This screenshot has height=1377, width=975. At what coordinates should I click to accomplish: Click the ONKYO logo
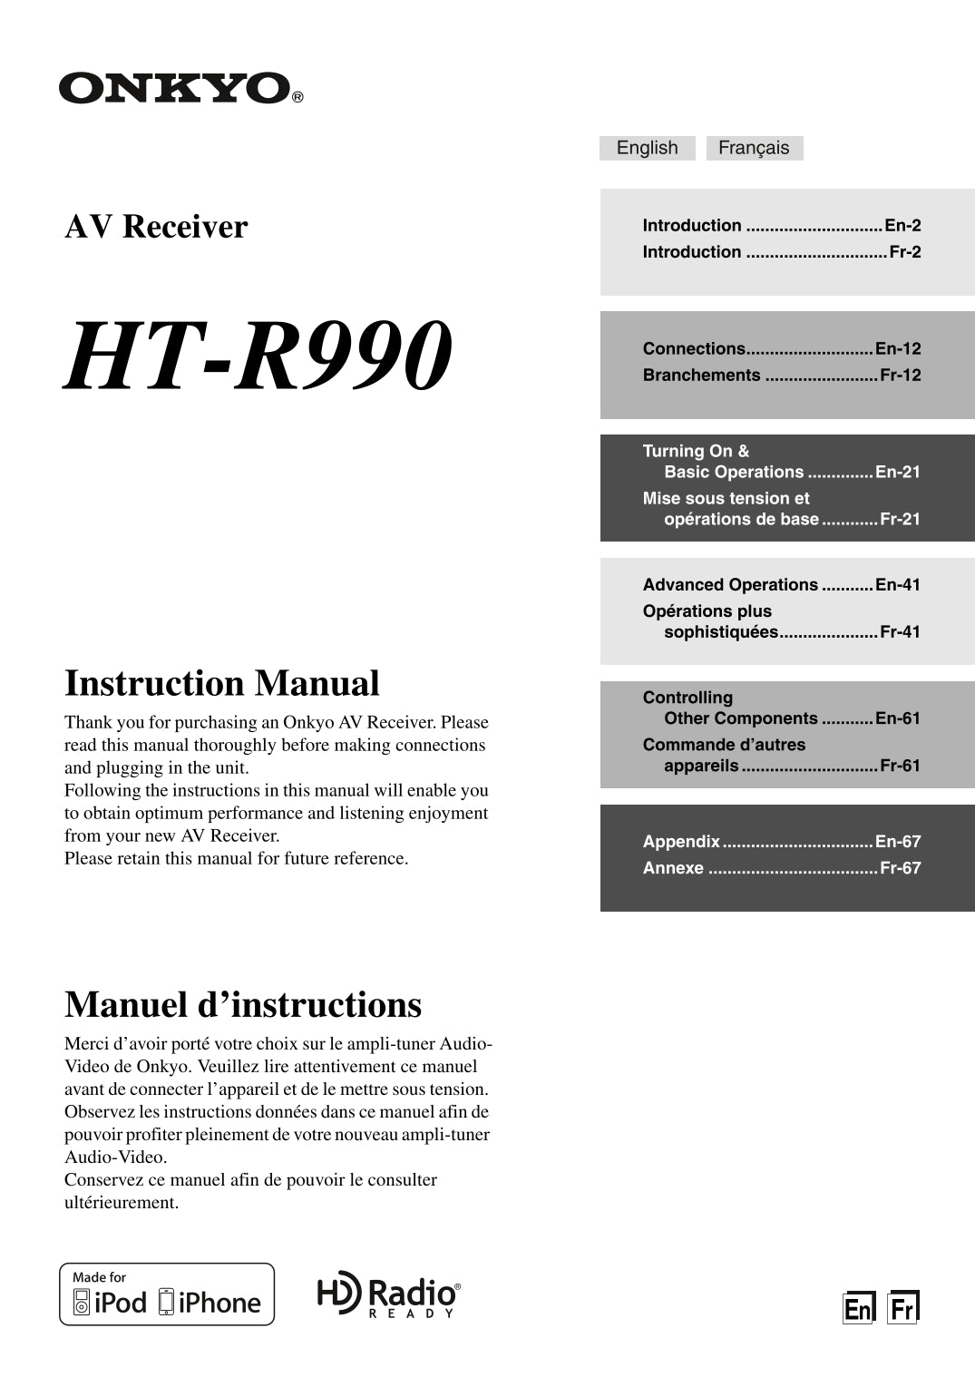(180, 88)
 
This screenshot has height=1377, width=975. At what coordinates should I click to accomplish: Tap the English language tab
(647, 148)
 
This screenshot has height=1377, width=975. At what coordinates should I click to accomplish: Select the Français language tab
(754, 148)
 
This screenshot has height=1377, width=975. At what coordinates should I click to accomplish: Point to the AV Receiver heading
(156, 226)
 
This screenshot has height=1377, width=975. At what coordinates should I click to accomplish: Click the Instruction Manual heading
(222, 683)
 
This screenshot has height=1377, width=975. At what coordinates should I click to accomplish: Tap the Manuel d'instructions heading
(243, 1005)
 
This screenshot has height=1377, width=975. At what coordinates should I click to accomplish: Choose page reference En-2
(902, 225)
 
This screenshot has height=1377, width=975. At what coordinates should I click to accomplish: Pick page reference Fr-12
(900, 375)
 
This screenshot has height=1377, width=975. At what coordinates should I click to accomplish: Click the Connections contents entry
(694, 348)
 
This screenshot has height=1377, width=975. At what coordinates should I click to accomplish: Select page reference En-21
(898, 472)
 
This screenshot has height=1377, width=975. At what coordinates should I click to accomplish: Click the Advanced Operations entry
(730, 584)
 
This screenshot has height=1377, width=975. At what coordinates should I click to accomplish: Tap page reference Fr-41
(900, 631)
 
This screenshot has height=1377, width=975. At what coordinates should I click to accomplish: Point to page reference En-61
(898, 718)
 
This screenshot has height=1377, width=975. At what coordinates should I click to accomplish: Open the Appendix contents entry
(681, 841)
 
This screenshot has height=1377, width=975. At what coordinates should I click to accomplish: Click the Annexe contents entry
(673, 867)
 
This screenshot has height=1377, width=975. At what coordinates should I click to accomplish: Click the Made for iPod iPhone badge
(167, 1294)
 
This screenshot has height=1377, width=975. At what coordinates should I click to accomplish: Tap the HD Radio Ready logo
(388, 1294)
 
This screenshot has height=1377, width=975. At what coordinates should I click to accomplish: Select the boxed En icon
(858, 1307)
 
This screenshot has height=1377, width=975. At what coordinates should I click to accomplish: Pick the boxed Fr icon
(902, 1307)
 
